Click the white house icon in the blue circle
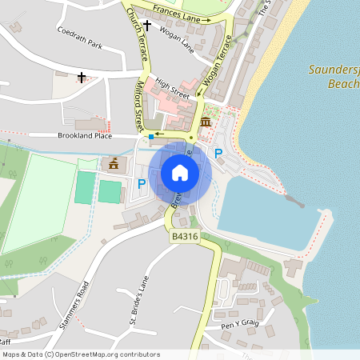(x=180, y=173)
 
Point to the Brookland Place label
(x=85, y=136)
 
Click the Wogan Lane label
(x=177, y=38)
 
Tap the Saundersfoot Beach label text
(x=334, y=76)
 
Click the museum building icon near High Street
(x=206, y=122)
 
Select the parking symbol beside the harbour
(x=218, y=153)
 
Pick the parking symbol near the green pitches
(x=142, y=184)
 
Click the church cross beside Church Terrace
(x=146, y=25)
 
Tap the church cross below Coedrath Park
(x=82, y=78)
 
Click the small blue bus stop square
(x=150, y=136)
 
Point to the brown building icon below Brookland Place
(x=114, y=163)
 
